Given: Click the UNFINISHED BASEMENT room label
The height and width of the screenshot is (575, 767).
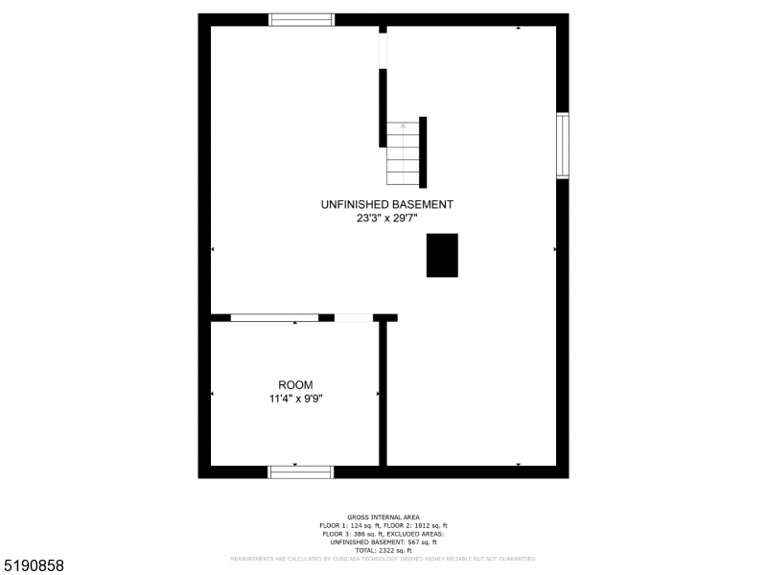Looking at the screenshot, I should (x=386, y=204).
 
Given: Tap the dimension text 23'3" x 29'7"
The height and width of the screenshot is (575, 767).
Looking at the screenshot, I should (x=386, y=218).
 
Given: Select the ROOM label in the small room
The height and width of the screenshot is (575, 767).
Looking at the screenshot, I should (x=295, y=385).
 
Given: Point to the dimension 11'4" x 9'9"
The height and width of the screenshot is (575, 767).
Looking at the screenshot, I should (x=295, y=399).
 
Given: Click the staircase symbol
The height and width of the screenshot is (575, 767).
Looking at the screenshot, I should (x=404, y=153).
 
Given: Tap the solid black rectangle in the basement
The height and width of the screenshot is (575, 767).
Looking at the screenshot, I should (x=442, y=255).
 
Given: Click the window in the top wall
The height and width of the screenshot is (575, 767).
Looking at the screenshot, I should (x=301, y=19).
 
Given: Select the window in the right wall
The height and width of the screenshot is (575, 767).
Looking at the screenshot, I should (x=563, y=146).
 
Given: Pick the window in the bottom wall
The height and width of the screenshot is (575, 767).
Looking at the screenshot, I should (x=300, y=471).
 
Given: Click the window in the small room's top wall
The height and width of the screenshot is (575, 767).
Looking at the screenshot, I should (x=274, y=317).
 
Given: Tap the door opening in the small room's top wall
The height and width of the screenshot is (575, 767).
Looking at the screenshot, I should (x=354, y=317).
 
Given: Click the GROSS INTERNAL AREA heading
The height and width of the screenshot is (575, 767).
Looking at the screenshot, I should (x=383, y=517).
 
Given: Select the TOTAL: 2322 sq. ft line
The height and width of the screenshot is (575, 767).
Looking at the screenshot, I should (x=383, y=549).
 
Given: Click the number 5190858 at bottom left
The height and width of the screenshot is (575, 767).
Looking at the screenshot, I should (x=34, y=566).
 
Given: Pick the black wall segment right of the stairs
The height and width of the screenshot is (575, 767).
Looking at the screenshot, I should (x=423, y=152).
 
